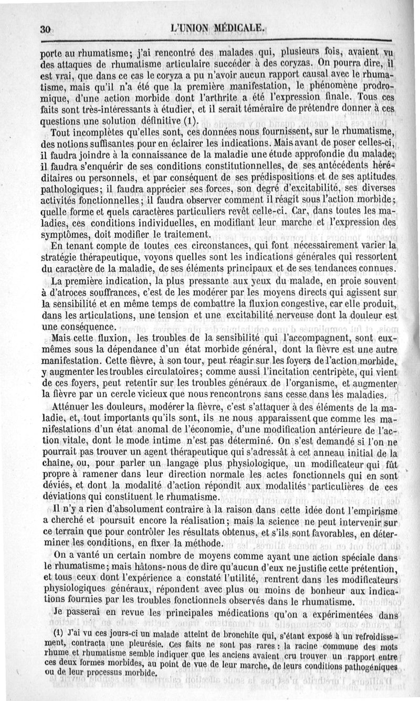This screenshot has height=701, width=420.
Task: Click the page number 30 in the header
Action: coord(44,29)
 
